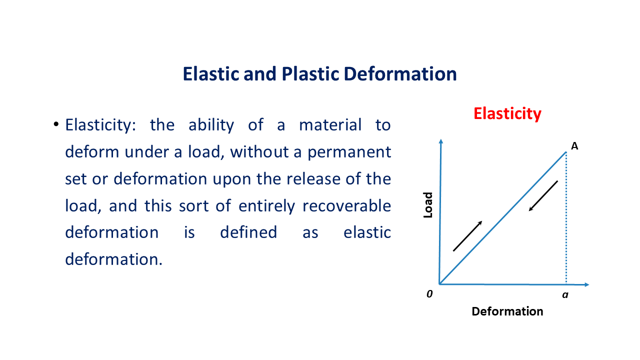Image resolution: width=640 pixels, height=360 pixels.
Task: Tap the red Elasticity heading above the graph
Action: tap(507, 114)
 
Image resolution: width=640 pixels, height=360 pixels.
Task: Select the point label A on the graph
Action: tap(574, 146)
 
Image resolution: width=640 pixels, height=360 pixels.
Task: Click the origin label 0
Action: tap(429, 294)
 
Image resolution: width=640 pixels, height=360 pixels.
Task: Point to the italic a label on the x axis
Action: tap(565, 295)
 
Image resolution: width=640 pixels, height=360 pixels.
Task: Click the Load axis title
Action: tap(427, 205)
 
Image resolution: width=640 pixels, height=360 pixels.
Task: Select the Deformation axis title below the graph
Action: tap(507, 311)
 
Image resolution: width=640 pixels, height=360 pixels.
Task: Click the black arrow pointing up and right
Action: tap(467, 236)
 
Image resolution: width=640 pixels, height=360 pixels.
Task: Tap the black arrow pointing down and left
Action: tap(543, 196)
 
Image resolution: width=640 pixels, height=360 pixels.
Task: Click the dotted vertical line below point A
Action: tap(566, 218)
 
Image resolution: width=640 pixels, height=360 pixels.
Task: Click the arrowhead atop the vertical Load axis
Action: tap(441, 141)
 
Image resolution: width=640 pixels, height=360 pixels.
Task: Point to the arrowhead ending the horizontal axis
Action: tap(587, 284)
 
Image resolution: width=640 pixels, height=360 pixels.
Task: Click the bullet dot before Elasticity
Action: tap(56, 124)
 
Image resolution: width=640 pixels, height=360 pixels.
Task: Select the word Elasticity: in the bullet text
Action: tap(100, 125)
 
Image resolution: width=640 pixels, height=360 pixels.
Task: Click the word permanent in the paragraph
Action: tap(349, 152)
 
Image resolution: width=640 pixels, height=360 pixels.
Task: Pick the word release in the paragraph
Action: tap(313, 179)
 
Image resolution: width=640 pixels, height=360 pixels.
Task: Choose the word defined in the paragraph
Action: tap(248, 232)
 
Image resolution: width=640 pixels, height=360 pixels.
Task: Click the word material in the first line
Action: tap(330, 125)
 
